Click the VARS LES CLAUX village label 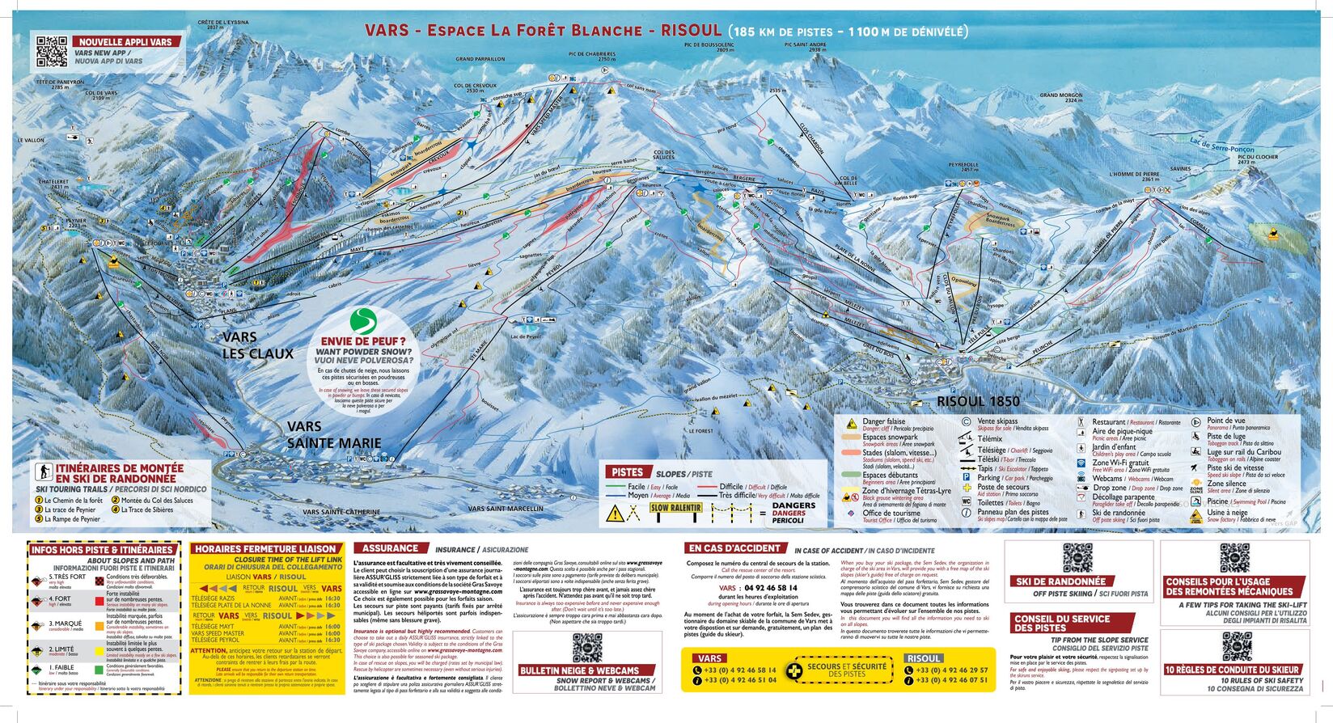pos(257,345)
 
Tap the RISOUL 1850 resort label pos(978,401)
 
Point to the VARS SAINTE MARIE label pos(333,434)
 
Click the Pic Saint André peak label pos(806,47)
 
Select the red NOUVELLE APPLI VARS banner pos(126,41)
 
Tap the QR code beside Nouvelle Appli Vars pos(51,51)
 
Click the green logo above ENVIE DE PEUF pos(363,321)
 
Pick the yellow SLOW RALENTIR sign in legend pos(675,509)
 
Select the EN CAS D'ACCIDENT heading pos(735,548)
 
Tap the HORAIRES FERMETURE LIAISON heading pos(265,548)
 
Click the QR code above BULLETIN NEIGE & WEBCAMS pos(586,647)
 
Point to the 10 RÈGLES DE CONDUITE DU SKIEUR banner pos(1234,670)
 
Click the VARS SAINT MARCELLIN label pos(506,509)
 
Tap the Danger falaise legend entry pos(883,422)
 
